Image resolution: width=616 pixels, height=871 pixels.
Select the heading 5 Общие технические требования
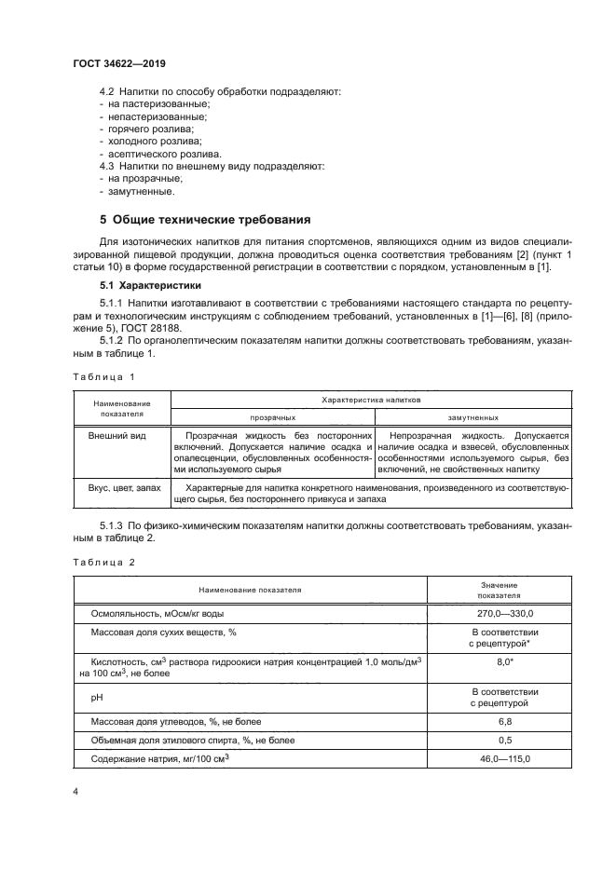(x=204, y=221)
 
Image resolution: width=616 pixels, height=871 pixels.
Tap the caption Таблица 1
(x=104, y=376)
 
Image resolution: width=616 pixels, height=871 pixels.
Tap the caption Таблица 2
(x=104, y=563)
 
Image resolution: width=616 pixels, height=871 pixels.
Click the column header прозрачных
(x=272, y=418)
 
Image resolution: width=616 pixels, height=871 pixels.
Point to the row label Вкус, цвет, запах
(x=125, y=488)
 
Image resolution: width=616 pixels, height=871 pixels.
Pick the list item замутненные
(x=141, y=192)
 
